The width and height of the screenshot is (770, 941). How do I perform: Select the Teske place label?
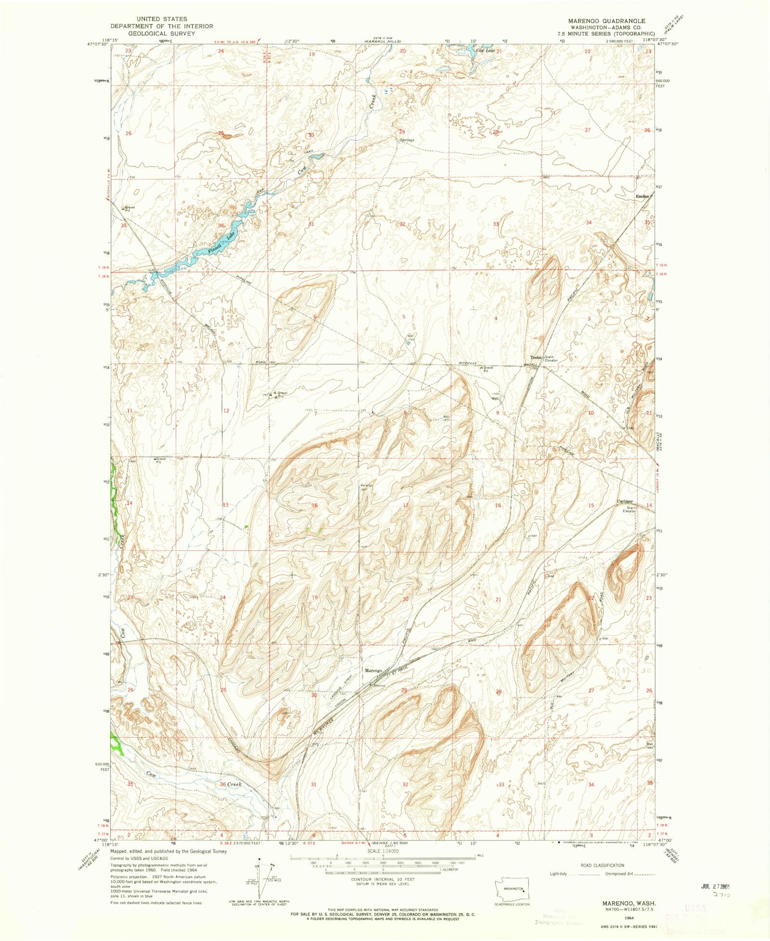(x=536, y=357)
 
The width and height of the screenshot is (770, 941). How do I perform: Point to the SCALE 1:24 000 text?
(x=383, y=851)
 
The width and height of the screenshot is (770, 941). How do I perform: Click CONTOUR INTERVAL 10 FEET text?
(x=383, y=879)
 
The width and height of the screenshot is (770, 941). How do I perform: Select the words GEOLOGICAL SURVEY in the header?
(x=161, y=34)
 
